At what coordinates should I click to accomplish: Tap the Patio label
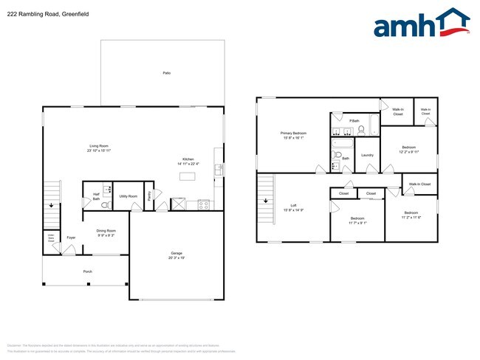click(x=166, y=73)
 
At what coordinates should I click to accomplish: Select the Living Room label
click(x=99, y=148)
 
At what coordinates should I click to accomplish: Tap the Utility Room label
click(x=128, y=196)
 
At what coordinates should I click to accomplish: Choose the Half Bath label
click(x=96, y=196)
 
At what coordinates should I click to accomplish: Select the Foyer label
click(x=71, y=238)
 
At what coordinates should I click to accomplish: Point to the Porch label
click(x=87, y=271)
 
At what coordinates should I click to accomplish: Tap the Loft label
click(x=293, y=207)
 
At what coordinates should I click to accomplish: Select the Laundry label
click(x=367, y=155)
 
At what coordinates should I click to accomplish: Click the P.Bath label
click(x=354, y=120)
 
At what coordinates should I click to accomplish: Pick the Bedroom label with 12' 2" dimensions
click(x=408, y=149)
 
